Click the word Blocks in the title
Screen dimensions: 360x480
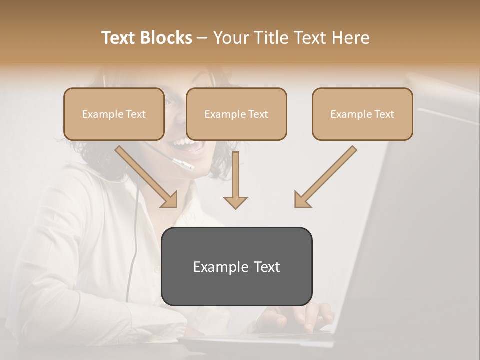coord(166,38)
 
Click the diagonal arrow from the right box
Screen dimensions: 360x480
coord(325,177)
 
